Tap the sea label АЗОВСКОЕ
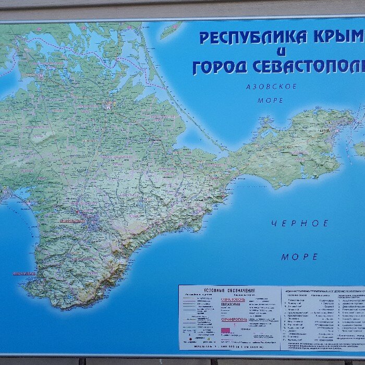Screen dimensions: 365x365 271,87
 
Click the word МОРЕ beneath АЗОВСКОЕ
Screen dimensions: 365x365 271,100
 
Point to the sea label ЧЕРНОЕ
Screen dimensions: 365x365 300,224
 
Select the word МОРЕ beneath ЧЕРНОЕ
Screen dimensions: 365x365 300,257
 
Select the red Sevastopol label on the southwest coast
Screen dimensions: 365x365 24,273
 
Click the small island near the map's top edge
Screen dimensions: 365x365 172,30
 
